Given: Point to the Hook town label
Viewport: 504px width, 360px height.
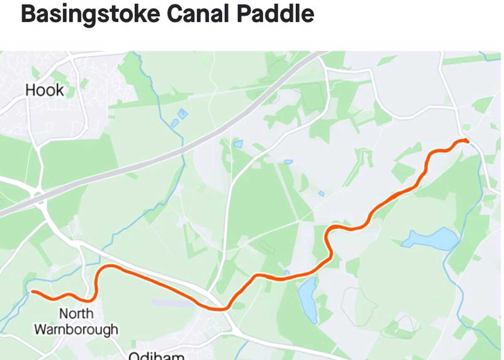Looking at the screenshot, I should [44, 90].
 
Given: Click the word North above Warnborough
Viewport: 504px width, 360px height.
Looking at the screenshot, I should [76, 314].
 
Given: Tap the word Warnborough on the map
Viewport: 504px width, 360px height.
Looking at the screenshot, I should [76, 329].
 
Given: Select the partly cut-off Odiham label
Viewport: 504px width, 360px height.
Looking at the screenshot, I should [156, 355].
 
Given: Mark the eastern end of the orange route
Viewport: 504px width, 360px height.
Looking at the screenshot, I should [467, 141].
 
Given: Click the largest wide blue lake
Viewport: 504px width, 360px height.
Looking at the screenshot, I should [431, 239].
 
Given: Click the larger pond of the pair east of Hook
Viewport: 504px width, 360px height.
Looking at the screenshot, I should [182, 113].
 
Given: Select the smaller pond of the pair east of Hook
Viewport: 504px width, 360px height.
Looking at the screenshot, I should [175, 123].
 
